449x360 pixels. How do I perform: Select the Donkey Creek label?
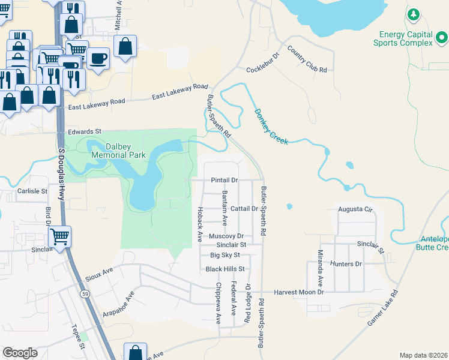tap(271, 126)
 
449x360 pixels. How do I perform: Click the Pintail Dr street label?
tap(224, 180)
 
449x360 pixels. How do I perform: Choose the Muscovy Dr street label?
tap(226, 236)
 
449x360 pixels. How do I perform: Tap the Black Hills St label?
tap(225, 269)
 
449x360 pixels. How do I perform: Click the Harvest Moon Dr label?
tap(298, 292)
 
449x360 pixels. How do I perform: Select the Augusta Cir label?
tap(356, 210)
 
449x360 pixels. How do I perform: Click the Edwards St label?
tap(85, 131)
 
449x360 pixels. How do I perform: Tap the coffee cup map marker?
tap(98, 58)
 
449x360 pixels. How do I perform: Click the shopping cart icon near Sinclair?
tap(60, 237)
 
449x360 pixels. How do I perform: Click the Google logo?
tap(20, 353)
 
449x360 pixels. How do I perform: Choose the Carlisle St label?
tap(32, 191)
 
